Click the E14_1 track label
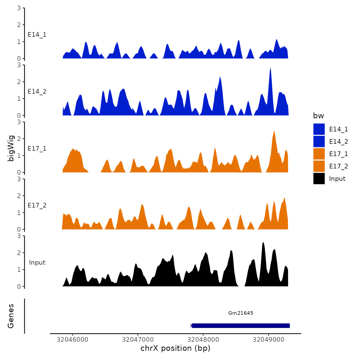coord(37,35)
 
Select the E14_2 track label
coord(37,92)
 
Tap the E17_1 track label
coord(37,149)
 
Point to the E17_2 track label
coord(37,205)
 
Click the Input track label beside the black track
coord(37,263)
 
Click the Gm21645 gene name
coord(241,313)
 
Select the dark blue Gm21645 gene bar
coord(241,326)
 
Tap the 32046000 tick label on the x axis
coord(73,340)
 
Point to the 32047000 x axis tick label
coord(138,340)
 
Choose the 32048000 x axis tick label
coord(203,340)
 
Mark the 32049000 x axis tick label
coord(268,340)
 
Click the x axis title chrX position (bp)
coord(175,348)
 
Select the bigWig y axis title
coord(11,148)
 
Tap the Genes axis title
coord(11,316)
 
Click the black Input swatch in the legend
coord(319,179)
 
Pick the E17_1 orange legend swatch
coord(319,154)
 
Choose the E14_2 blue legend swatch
coord(319,142)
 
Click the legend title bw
coord(318,116)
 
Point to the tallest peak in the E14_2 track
coord(271,68)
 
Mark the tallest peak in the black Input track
coord(263,243)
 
